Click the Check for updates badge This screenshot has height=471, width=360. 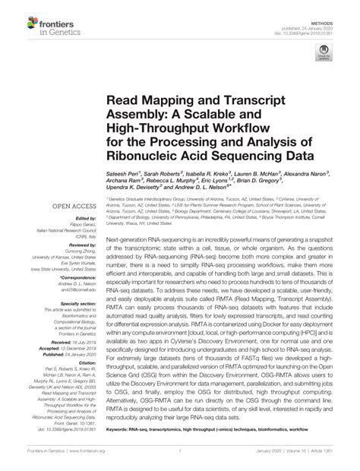(x=324, y=55)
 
